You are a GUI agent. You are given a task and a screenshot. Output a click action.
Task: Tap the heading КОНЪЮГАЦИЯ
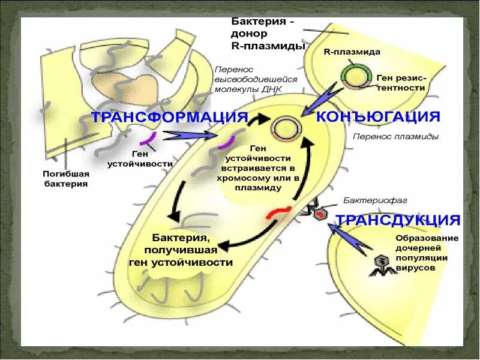(x=378, y=116)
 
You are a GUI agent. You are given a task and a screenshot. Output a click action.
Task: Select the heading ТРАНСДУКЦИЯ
(x=398, y=220)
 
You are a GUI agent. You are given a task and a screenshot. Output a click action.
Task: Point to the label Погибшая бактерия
(x=66, y=179)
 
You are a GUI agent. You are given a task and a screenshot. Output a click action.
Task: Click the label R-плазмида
(x=352, y=52)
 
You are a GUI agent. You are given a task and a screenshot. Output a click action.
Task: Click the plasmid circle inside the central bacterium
(x=283, y=128)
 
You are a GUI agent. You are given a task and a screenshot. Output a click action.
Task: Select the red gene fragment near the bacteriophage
(x=280, y=212)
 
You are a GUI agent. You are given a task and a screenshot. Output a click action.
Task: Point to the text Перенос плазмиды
(x=395, y=137)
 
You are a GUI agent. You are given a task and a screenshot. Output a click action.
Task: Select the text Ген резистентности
(x=401, y=83)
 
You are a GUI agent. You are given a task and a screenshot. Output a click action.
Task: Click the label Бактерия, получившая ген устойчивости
(x=181, y=250)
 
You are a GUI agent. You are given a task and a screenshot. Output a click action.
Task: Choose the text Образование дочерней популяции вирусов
(x=427, y=253)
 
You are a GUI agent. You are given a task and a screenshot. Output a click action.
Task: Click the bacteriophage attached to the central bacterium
(x=317, y=211)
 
